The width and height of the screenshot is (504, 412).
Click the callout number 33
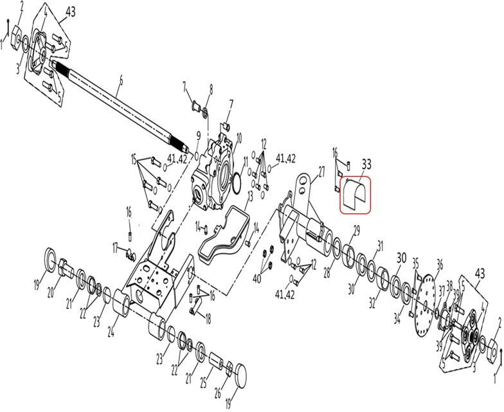(367, 164)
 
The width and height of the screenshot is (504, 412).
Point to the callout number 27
(321, 170)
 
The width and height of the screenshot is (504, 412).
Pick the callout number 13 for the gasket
(251, 194)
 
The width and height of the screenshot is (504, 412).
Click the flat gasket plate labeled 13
(222, 235)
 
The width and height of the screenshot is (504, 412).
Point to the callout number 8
(210, 88)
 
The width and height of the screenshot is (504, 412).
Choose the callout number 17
(116, 246)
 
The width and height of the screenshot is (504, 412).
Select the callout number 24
(112, 333)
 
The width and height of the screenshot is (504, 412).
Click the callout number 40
(257, 278)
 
